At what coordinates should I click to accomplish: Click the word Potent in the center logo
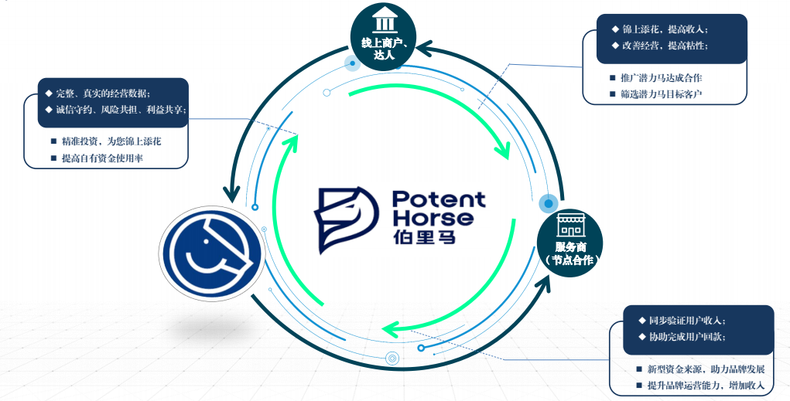438,199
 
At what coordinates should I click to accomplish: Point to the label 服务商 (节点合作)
571,253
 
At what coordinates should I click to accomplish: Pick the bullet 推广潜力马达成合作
661,78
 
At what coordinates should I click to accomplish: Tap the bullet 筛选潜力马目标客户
661,94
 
